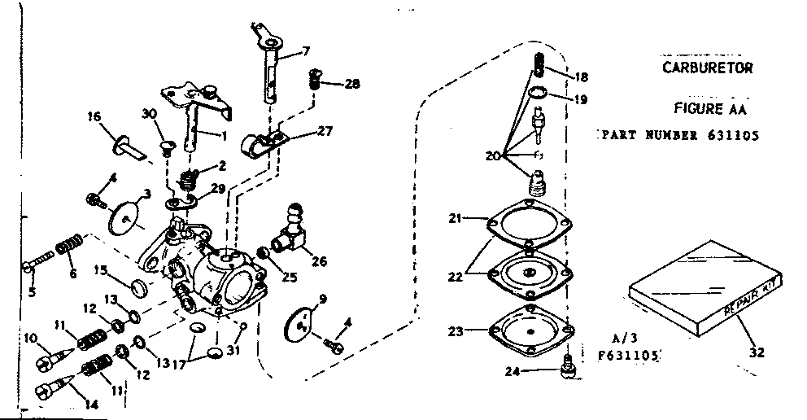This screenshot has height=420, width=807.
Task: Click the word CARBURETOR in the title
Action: click(707, 68)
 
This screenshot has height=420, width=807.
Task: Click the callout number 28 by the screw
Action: click(352, 83)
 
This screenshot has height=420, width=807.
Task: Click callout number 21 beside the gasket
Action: click(456, 218)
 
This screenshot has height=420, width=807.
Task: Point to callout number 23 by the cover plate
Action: click(456, 331)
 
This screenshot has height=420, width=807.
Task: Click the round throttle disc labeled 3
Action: click(124, 214)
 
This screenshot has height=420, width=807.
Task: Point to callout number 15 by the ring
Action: click(99, 269)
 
